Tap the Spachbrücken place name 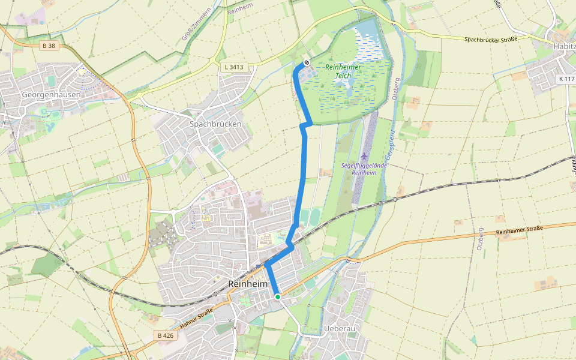(x=215, y=124)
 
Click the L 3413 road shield (x=232, y=67)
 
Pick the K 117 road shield (x=565, y=79)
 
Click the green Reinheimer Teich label (x=343, y=71)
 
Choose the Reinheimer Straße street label (x=520, y=231)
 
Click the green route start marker (x=277, y=296)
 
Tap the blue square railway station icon (x=259, y=266)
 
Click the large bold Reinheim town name (x=247, y=283)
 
